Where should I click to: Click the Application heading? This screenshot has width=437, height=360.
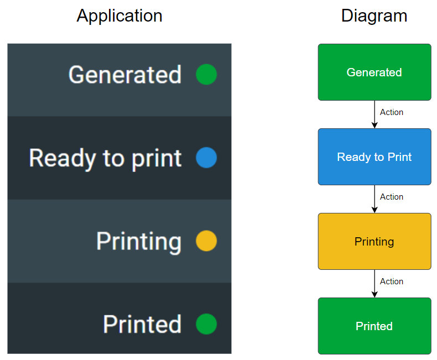click(119, 16)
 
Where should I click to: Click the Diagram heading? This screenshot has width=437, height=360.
click(374, 15)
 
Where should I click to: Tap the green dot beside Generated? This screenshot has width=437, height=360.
click(206, 75)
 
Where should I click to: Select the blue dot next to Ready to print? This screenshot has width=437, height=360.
click(206, 158)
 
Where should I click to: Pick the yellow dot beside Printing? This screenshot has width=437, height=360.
click(206, 241)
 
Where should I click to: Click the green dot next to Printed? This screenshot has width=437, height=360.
click(206, 324)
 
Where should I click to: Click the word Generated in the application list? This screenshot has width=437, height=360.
click(125, 75)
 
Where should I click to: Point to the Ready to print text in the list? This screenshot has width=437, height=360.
click(105, 159)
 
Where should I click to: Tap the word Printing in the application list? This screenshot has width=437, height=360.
click(139, 242)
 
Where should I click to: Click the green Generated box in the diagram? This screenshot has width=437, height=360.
click(374, 72)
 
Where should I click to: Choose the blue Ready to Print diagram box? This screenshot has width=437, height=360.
click(374, 157)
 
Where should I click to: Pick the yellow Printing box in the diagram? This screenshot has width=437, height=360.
click(374, 242)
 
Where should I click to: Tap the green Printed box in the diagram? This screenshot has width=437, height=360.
click(374, 326)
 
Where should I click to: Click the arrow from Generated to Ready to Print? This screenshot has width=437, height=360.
click(374, 114)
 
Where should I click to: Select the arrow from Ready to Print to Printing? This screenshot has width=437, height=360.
click(374, 199)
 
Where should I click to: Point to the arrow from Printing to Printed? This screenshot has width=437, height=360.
click(374, 284)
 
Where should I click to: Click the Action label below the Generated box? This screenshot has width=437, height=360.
click(392, 112)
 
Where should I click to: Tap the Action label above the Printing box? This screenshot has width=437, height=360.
click(392, 197)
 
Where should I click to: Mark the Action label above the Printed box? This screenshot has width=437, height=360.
click(392, 281)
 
